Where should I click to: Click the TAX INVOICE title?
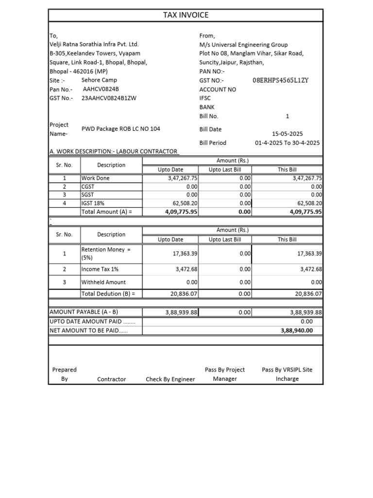(186, 15)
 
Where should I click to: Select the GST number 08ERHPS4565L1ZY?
(281, 80)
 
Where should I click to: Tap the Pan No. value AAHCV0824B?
(101, 89)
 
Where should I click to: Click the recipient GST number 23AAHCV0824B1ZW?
(109, 98)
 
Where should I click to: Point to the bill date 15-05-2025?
(287, 134)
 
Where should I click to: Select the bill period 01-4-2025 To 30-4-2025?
(287, 143)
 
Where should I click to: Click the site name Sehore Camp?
(99, 80)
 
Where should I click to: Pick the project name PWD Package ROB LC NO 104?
(120, 129)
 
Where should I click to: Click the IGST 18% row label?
(93, 203)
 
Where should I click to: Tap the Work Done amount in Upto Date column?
(180, 178)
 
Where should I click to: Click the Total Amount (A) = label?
(106, 212)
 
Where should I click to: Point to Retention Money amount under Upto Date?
(185, 254)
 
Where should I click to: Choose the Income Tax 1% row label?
(100, 269)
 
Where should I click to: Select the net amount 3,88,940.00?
(297, 331)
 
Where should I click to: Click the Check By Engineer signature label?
(170, 379)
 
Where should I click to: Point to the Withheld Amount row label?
(103, 282)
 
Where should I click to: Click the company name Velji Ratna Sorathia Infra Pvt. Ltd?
(94, 45)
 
